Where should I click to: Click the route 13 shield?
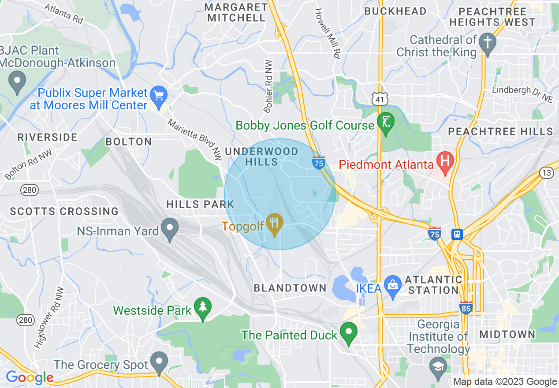[547, 173]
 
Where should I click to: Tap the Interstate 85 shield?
[465, 308]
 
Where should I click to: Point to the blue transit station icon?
[458, 234]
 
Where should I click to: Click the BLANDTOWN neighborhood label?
[290, 288]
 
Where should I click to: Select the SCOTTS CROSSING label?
[64, 212]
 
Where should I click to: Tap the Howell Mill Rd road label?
[328, 34]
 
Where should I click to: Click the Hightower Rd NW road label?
[49, 317]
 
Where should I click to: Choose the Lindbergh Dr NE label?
[523, 94]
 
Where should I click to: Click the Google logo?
[30, 378]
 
